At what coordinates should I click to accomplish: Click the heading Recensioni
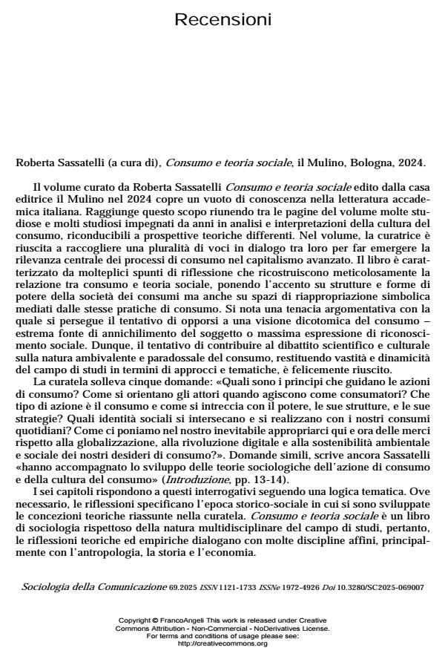click(x=222, y=19)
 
